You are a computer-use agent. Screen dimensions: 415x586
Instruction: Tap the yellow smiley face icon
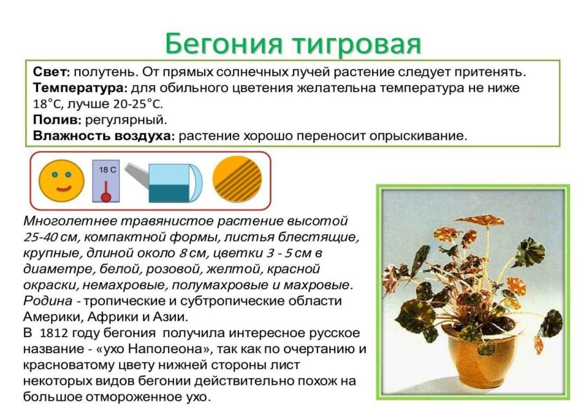(x=62, y=179)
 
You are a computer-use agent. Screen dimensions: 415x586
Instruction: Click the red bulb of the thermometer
(x=106, y=195)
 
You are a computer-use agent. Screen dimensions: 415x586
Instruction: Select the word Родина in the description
(x=46, y=301)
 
